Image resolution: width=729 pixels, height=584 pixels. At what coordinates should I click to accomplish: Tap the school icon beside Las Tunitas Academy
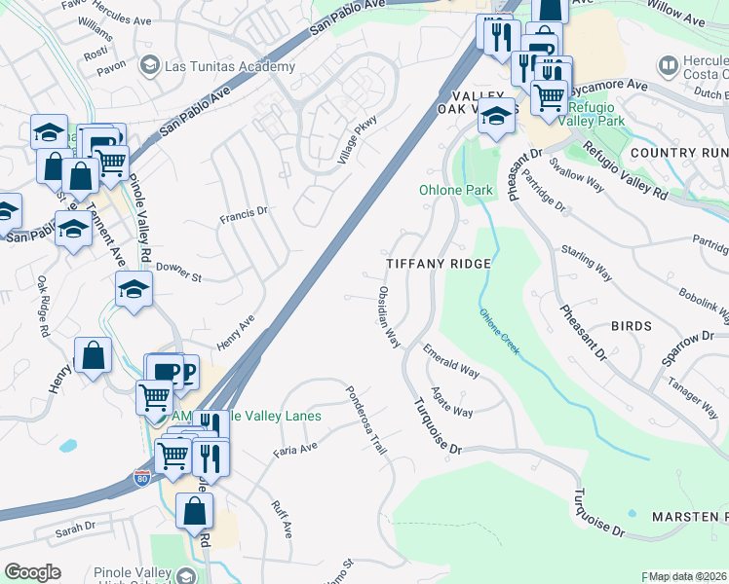(149, 66)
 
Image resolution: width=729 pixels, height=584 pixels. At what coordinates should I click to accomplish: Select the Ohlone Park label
(456, 190)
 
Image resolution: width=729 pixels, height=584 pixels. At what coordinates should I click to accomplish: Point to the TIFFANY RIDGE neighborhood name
(438, 264)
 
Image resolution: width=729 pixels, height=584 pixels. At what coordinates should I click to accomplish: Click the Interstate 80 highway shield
(140, 478)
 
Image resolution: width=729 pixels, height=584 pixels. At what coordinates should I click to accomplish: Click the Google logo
(32, 571)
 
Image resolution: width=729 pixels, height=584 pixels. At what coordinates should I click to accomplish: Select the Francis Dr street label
(243, 214)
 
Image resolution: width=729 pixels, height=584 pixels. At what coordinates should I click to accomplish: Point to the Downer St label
(177, 272)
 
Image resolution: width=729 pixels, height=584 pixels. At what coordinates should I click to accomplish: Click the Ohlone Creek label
(498, 332)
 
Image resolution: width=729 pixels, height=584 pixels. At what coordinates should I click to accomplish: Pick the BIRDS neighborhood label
(631, 326)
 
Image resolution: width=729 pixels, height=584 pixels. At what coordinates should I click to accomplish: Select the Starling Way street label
(587, 263)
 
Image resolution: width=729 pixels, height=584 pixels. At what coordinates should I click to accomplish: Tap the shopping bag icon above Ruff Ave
(195, 510)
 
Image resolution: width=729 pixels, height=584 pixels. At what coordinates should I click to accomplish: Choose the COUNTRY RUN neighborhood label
(678, 153)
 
